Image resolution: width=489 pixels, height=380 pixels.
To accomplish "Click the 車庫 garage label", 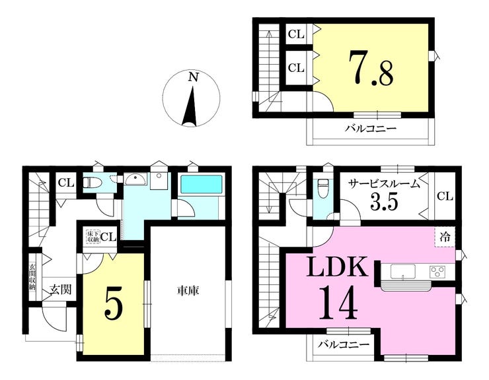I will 188,290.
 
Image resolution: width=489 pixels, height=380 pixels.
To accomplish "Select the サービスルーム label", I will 385,185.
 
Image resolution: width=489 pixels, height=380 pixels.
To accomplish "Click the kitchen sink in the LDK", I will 402,271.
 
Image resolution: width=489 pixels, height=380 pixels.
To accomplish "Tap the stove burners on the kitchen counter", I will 438,271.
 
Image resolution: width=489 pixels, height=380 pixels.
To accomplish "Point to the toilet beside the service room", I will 322,189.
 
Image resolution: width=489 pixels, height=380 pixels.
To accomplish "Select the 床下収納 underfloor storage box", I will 92,236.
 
